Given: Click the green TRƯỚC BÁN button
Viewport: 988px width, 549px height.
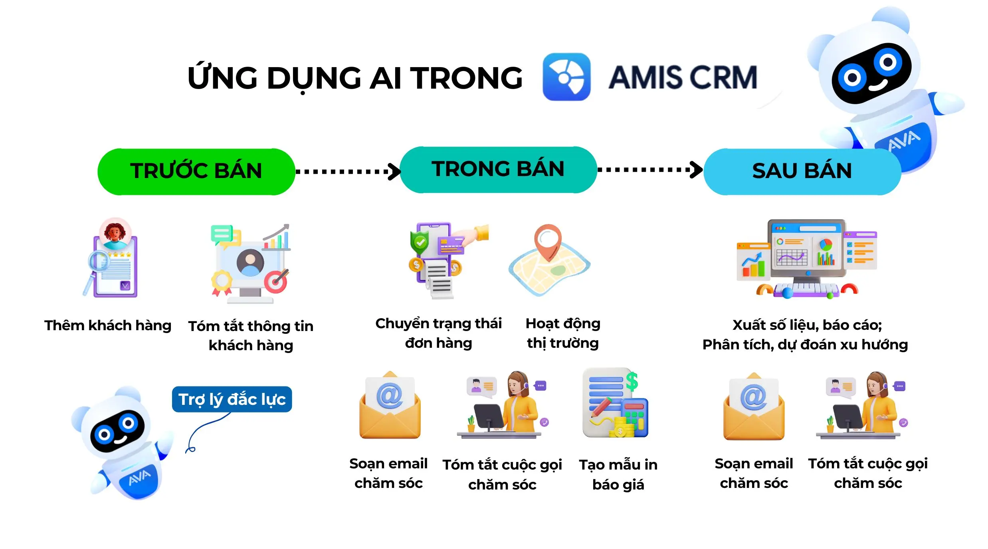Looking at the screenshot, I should tap(196, 172).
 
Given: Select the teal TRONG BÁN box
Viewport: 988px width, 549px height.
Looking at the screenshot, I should tap(498, 170).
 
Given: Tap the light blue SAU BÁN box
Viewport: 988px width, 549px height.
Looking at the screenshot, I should tap(802, 172).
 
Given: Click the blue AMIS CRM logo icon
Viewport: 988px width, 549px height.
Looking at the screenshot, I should tap(566, 77).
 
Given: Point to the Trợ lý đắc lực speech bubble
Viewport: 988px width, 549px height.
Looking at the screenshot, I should tap(232, 399).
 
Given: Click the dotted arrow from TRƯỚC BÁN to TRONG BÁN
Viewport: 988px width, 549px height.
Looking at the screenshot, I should tap(347, 172).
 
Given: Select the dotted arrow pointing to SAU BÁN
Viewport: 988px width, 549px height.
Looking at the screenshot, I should tap(649, 170).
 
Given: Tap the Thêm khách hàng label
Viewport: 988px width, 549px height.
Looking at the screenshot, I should tap(108, 325).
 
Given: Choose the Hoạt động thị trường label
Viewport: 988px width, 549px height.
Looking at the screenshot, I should tap(563, 333).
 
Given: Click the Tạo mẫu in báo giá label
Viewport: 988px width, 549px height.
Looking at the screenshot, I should tap(618, 474).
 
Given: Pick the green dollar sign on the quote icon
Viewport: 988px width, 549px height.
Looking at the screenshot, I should tap(632, 381).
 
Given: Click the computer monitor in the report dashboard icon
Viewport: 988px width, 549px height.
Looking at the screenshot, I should tap(806, 250).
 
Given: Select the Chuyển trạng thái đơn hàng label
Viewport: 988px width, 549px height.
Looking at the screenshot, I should tap(438, 333).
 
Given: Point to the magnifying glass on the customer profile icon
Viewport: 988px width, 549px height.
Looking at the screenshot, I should tap(98, 263).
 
